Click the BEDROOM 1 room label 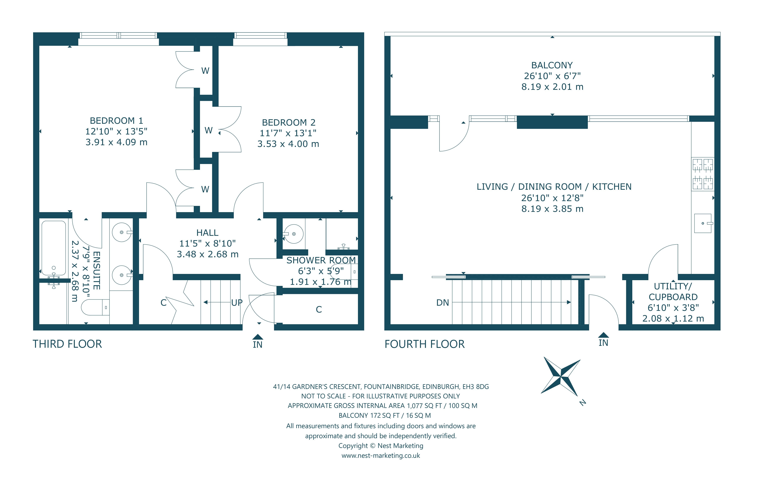click(x=116, y=121)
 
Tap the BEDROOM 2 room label click(x=289, y=122)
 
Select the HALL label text click(x=207, y=233)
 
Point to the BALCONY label click(x=552, y=65)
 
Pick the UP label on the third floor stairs click(x=237, y=303)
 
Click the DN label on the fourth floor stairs click(x=443, y=303)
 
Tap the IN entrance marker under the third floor click(x=258, y=342)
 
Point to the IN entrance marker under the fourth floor click(x=603, y=340)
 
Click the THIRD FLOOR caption click(x=67, y=344)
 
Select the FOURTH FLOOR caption click(x=425, y=344)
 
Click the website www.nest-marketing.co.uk click(x=381, y=456)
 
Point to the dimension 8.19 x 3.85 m click(x=552, y=209)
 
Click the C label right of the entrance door click(x=319, y=310)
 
